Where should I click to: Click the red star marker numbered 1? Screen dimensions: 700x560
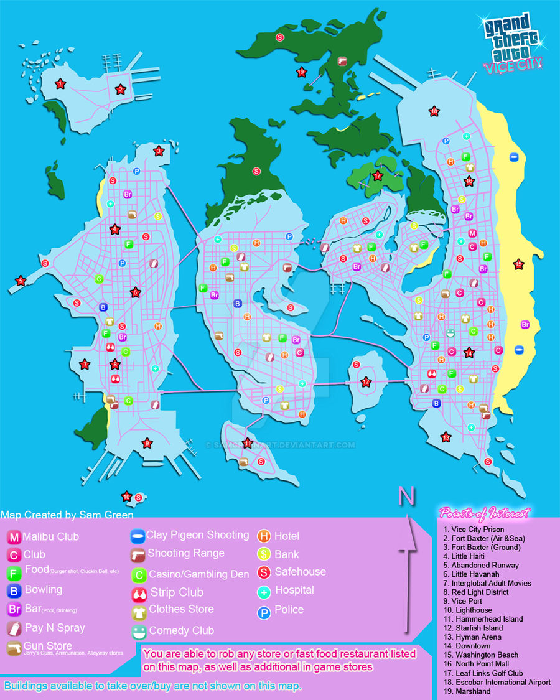pyautogui.click(x=60, y=83)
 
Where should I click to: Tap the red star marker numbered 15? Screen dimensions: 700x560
pyautogui.click(x=518, y=264)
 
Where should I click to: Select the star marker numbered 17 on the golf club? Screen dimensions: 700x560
pyautogui.click(x=377, y=175)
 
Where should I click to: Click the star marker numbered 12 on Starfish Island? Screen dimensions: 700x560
pyautogui.click(x=366, y=382)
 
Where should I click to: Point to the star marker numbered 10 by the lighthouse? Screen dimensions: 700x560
pyautogui.click(x=127, y=497)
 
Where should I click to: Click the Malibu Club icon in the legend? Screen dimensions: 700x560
pyautogui.click(x=14, y=537)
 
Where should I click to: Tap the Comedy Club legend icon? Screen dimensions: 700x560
pyautogui.click(x=138, y=631)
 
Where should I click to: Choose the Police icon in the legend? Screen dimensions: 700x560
pyautogui.click(x=264, y=613)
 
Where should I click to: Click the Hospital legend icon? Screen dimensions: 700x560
pyautogui.click(x=264, y=591)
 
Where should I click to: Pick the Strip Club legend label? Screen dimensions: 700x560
pyautogui.click(x=177, y=592)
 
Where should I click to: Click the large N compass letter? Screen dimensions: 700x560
pyautogui.click(x=406, y=496)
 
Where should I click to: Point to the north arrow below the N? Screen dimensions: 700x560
pyautogui.click(x=406, y=572)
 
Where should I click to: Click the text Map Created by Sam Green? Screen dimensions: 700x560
pyautogui.click(x=67, y=515)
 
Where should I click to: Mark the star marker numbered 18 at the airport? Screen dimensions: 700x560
pyautogui.click(x=434, y=111)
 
